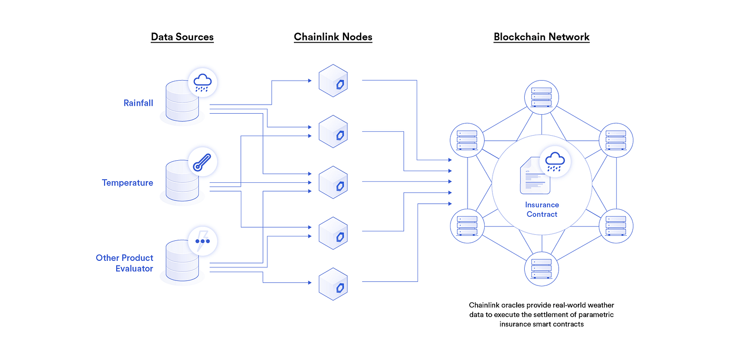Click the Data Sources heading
click(x=182, y=37)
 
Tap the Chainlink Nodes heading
click(x=333, y=37)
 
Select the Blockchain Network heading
click(x=542, y=37)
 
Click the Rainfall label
click(x=138, y=103)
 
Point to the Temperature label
click(x=128, y=183)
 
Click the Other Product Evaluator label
click(x=124, y=263)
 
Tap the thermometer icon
click(x=202, y=162)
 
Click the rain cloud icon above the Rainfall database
click(x=202, y=82)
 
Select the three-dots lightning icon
click(x=202, y=241)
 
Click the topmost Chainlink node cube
click(x=333, y=81)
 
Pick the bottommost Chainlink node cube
click(x=333, y=284)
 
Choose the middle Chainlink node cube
click(x=333, y=182)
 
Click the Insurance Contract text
click(x=542, y=210)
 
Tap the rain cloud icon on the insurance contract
click(x=555, y=162)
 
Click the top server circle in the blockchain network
click(x=542, y=97)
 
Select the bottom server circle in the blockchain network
click(x=542, y=269)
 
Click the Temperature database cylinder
click(x=182, y=181)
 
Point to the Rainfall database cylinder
click(x=182, y=101)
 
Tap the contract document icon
click(x=535, y=176)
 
